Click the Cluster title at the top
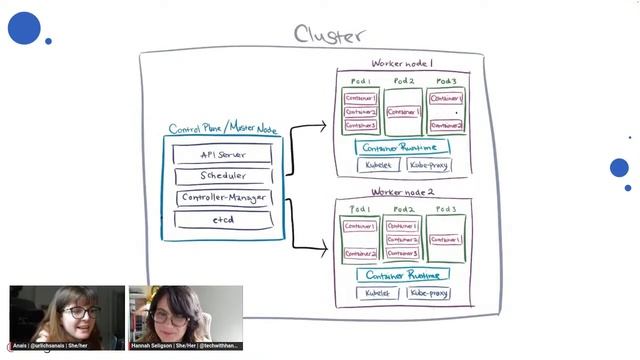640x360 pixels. pos(329,34)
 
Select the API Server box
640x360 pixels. pos(222,154)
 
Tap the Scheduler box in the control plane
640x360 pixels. pos(222,175)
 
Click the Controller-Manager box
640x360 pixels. pos(222,197)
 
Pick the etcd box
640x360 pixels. pos(222,219)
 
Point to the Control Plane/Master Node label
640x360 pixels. pos(223,128)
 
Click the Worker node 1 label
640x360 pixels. pos(403,63)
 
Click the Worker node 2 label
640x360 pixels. pos(403,192)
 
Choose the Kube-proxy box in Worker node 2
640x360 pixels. pos(428,294)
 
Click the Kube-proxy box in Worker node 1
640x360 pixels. pos(429,165)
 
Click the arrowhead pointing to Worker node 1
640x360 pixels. pos(322,126)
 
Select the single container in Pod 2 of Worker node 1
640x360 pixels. pos(403,112)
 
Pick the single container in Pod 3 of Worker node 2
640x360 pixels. pos(446,240)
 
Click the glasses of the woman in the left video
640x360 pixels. pos(81,312)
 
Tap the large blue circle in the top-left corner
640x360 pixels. pos(24,28)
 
